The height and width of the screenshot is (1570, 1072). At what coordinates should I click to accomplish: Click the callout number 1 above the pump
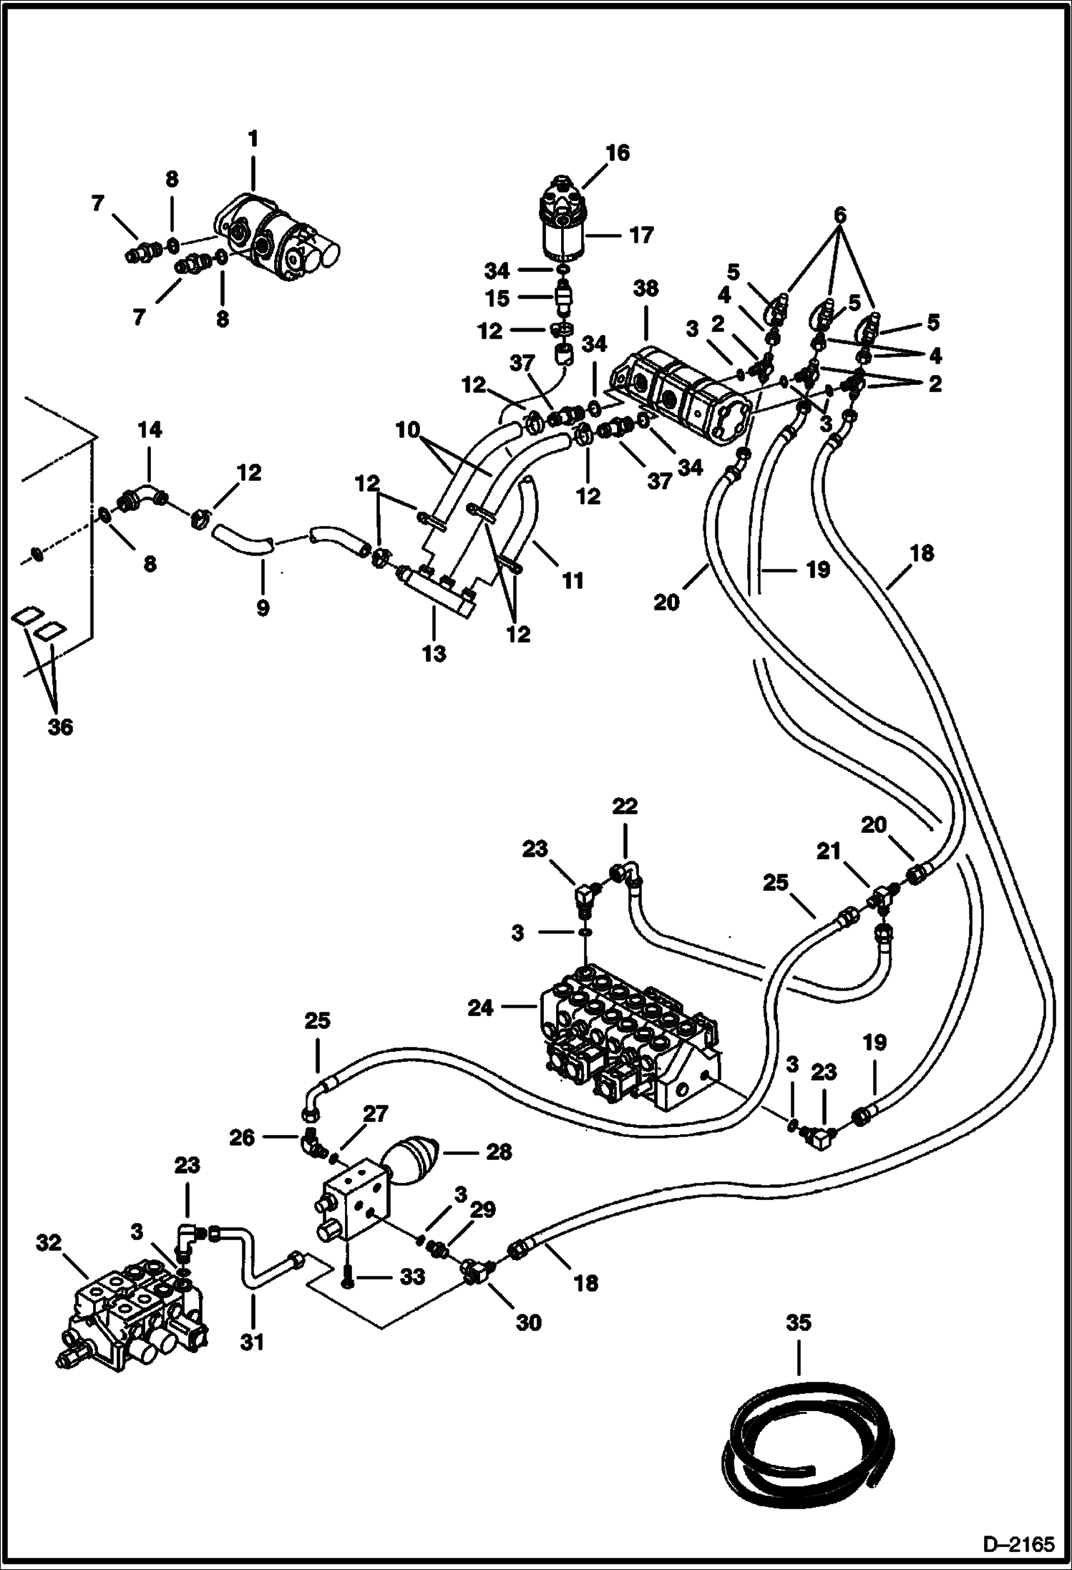click(253, 139)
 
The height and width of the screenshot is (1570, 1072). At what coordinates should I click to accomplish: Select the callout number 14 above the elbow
click(150, 429)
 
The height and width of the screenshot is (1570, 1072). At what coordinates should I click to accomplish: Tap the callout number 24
click(481, 1008)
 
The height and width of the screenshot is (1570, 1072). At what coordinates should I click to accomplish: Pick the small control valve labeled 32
click(132, 1317)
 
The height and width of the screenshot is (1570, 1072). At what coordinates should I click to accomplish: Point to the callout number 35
click(798, 1323)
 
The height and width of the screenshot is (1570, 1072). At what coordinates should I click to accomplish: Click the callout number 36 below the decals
click(60, 727)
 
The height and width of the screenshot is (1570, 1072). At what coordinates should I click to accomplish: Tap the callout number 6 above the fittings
click(840, 214)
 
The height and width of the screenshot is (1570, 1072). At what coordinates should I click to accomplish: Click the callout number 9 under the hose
click(263, 608)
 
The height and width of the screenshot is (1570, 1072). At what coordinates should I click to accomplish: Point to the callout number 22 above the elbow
click(625, 806)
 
